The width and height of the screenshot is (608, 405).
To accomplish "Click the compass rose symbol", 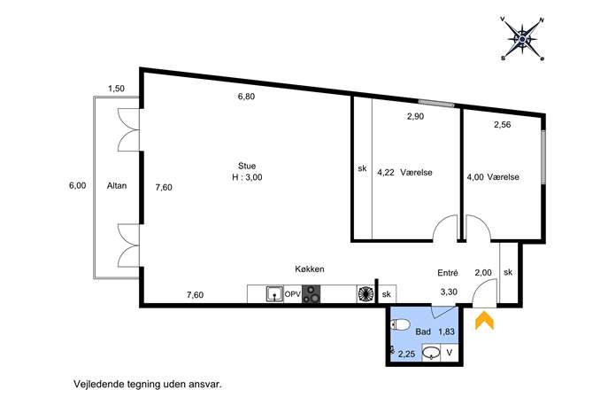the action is [522, 39].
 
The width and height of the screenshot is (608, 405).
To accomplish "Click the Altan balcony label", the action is [117, 185].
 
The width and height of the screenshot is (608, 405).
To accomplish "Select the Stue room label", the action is [247, 166].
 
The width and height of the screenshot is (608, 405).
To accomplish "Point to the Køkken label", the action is [310, 269].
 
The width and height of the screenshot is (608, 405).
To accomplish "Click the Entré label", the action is [448, 273].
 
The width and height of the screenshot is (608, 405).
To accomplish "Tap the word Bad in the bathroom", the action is [423, 332].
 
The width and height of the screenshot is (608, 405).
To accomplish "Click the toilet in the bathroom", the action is [400, 324].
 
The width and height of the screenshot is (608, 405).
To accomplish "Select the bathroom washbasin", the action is [431, 353].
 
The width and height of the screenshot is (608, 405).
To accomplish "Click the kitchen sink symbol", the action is [275, 294].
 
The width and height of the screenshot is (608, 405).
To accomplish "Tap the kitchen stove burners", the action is [311, 294].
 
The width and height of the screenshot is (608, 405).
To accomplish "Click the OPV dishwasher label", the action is [293, 294].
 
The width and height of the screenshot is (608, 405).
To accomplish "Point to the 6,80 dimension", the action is [246, 97].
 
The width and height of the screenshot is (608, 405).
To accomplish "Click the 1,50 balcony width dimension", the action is [116, 89].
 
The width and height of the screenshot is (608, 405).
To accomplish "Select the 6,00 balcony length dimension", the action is [78, 185].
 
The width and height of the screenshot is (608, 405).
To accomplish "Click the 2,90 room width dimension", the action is [415, 116].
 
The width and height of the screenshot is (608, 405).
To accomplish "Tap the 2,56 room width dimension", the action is [502, 125].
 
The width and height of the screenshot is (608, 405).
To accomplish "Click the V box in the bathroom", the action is [449, 353].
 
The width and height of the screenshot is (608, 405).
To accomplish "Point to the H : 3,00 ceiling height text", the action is [247, 177].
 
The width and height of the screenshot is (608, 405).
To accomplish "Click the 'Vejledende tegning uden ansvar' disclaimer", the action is [148, 385].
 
